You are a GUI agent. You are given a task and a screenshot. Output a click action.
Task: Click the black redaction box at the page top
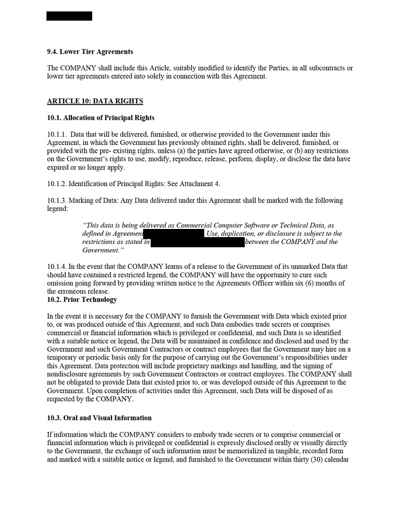tap(69, 16)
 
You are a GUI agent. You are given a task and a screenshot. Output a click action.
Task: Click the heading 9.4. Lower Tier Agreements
tap(90, 52)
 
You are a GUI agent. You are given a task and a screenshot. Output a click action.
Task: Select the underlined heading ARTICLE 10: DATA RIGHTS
tap(95, 101)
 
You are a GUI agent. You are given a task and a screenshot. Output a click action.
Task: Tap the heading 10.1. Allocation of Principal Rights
tap(101, 118)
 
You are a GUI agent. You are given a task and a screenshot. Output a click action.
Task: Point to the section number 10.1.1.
tap(57, 135)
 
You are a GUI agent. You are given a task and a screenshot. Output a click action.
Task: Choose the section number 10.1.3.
tap(57, 200)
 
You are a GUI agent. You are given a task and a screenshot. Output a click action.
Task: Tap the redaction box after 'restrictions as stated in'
tap(197, 242)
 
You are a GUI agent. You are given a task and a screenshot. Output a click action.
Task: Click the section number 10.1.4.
tap(57, 267)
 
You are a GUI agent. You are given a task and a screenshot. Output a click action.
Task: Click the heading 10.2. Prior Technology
tap(82, 300)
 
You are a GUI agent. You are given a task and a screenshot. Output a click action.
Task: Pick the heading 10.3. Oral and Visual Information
tap(99, 418)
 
